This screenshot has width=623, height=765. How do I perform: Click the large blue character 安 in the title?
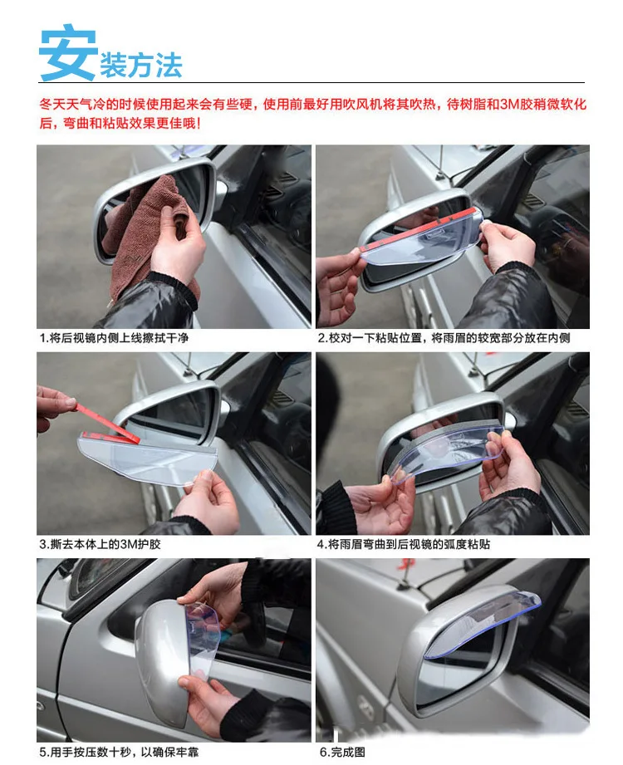point(68,52)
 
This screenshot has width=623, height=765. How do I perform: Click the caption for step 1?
point(114,337)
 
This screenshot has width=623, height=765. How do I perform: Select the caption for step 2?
point(444,337)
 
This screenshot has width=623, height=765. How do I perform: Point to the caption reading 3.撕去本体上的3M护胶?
point(100,544)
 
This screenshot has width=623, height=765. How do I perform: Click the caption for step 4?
point(404,544)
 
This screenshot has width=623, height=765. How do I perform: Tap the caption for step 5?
point(119,752)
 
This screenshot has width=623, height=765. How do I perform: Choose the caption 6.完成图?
point(342,752)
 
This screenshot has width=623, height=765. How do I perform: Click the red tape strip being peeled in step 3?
point(105,423)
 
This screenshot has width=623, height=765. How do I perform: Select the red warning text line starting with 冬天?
point(312,105)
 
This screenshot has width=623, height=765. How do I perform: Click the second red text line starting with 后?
point(120,123)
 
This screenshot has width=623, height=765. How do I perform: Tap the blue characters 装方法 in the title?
point(141,66)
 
